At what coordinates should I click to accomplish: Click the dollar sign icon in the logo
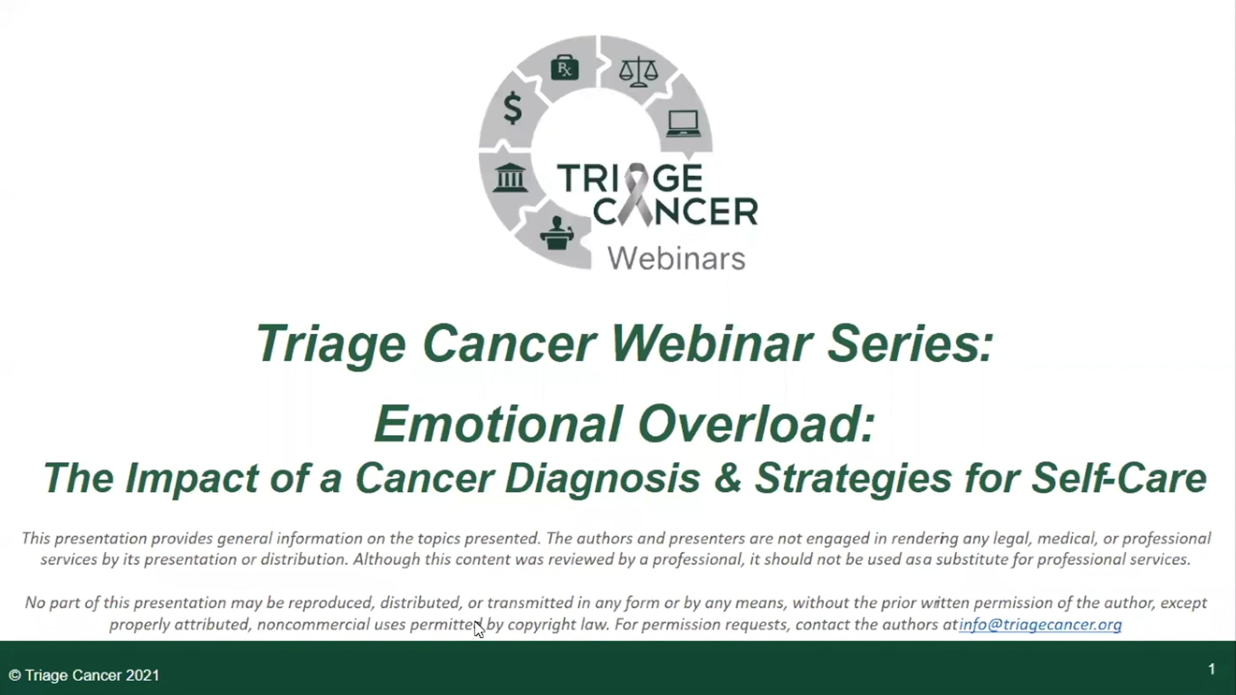point(513,108)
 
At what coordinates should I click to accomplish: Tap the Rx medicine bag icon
point(565,68)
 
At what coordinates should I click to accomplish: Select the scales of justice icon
point(638,71)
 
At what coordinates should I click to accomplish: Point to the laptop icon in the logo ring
point(683,124)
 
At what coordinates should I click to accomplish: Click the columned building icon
point(510,178)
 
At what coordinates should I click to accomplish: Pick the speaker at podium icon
point(557,233)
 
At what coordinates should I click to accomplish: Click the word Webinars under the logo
point(676,258)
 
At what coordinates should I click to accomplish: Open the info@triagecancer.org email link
point(1040,624)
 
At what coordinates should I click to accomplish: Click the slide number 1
point(1212,669)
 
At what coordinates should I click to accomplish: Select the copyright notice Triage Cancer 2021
point(84,675)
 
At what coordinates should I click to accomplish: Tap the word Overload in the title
point(757,424)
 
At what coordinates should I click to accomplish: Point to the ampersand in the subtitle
point(727,478)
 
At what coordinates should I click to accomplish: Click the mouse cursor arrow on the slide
point(478,629)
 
